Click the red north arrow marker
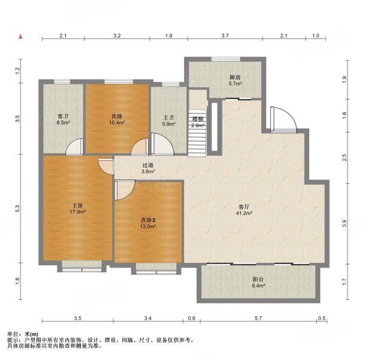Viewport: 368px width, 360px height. tap(21, 37)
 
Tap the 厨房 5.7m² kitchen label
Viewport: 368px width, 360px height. tap(235, 80)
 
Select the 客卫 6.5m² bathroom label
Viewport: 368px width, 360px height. tap(63, 119)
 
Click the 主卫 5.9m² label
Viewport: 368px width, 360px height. tap(168, 121)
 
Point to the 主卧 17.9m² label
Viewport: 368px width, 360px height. tap(77, 209)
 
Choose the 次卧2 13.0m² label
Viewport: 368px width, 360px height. tap(148, 223)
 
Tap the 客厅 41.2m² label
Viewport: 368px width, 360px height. tap(244, 210)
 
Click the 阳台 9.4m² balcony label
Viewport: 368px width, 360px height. tap(258, 283)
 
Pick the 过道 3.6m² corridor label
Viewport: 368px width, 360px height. tap(148, 168)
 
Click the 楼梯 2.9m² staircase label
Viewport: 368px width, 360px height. tap(198, 122)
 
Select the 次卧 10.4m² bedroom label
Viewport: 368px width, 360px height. tap(117, 119)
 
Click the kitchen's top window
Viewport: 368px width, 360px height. tap(226, 59)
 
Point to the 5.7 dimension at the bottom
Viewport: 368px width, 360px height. tap(258, 318)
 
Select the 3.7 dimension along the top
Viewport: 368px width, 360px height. tap(225, 36)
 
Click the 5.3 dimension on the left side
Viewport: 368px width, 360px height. tap(17, 209)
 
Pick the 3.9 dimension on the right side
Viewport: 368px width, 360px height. tap(344, 223)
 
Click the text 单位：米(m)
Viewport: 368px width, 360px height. tap(23, 334)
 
